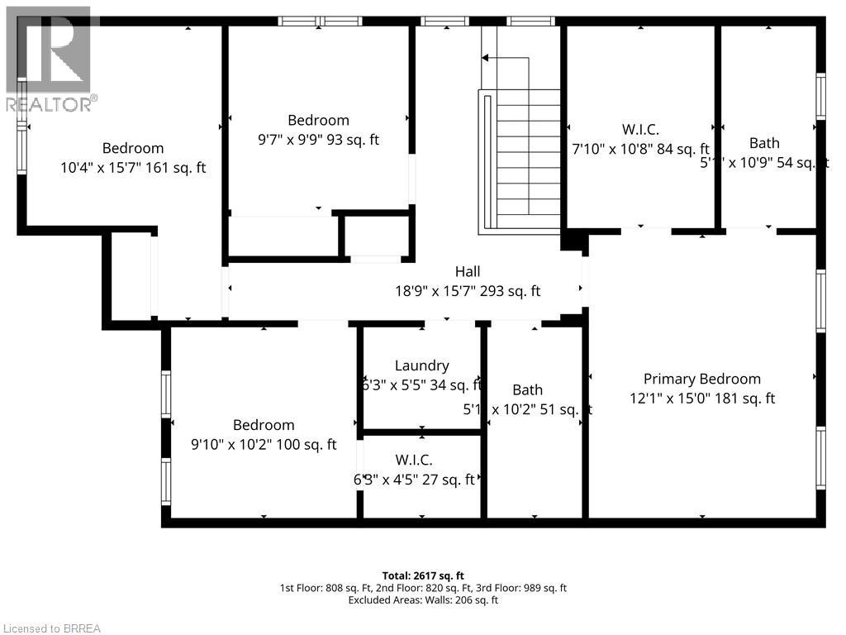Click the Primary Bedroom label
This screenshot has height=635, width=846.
[701, 379]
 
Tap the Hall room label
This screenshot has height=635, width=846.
[467, 271]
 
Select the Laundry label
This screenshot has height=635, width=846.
[421, 365]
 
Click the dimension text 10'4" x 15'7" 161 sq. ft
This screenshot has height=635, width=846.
[133, 168]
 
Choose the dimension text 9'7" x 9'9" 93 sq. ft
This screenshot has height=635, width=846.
[318, 140]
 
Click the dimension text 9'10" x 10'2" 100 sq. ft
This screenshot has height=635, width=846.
[264, 445]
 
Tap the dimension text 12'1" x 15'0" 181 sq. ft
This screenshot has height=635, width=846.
[701, 399]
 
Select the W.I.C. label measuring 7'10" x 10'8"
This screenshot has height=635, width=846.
[640, 129]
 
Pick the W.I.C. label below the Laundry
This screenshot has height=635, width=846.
[413, 460]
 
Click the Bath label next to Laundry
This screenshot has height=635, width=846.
[527, 389]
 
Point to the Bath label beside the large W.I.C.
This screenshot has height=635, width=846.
[764, 143]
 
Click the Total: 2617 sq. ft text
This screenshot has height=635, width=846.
[423, 575]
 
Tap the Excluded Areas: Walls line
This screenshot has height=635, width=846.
[423, 600]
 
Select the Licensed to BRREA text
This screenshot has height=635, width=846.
[51, 628]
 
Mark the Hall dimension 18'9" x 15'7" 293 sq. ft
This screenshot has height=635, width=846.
[467, 291]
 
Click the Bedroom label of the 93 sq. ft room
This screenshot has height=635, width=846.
[318, 120]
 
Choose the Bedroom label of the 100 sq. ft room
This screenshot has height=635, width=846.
[264, 425]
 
